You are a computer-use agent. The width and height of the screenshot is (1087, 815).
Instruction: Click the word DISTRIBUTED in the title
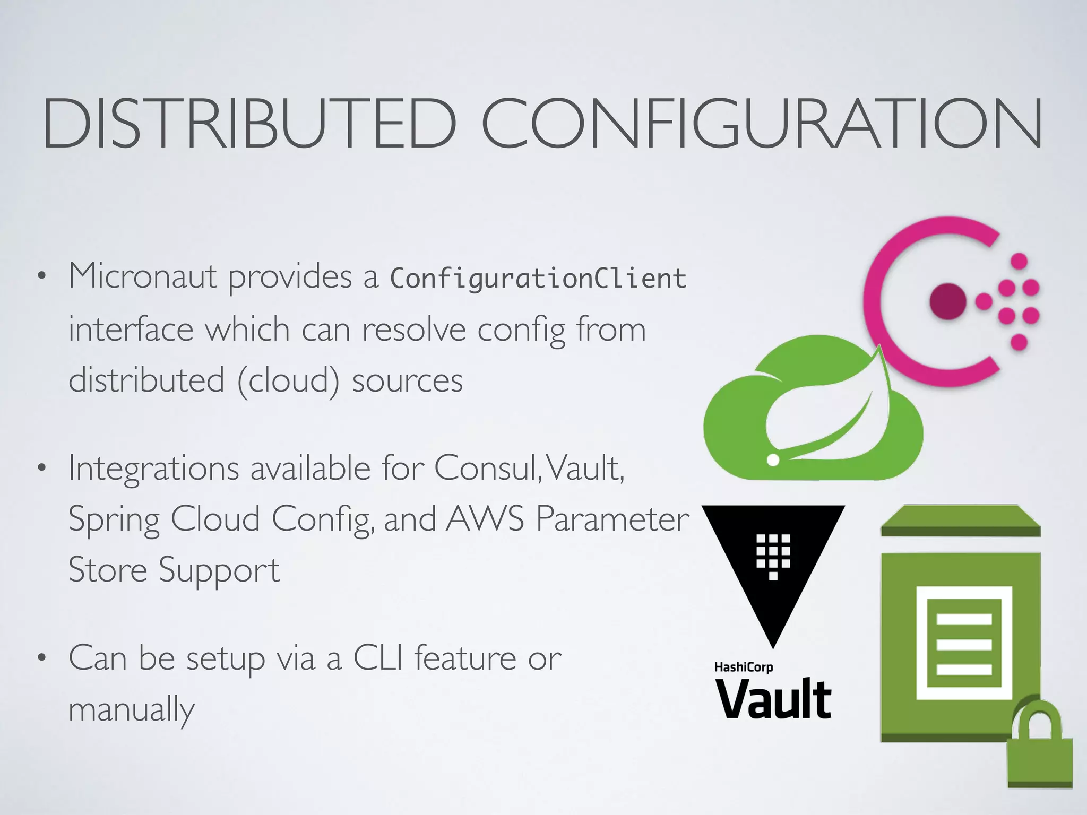249,123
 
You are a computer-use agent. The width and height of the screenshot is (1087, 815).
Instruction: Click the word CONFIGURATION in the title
762,123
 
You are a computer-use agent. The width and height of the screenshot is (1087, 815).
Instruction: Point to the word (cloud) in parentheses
288,381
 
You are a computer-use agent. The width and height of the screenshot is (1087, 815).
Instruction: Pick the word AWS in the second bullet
485,518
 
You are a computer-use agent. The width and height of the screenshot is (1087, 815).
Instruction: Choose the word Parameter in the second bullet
612,518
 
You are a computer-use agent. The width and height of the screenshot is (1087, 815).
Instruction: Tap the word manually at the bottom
132,710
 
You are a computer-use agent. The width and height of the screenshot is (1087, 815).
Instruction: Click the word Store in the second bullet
108,570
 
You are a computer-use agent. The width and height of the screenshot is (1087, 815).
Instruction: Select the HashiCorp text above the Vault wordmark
743,667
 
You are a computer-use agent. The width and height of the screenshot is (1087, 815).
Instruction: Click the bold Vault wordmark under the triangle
773,699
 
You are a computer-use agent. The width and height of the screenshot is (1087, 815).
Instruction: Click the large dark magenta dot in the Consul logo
947,301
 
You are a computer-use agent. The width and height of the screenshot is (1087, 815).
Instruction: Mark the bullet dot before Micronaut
41,276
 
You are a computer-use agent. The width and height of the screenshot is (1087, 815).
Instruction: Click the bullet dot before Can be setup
41,658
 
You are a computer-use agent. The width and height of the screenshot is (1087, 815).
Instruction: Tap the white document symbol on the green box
964,643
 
